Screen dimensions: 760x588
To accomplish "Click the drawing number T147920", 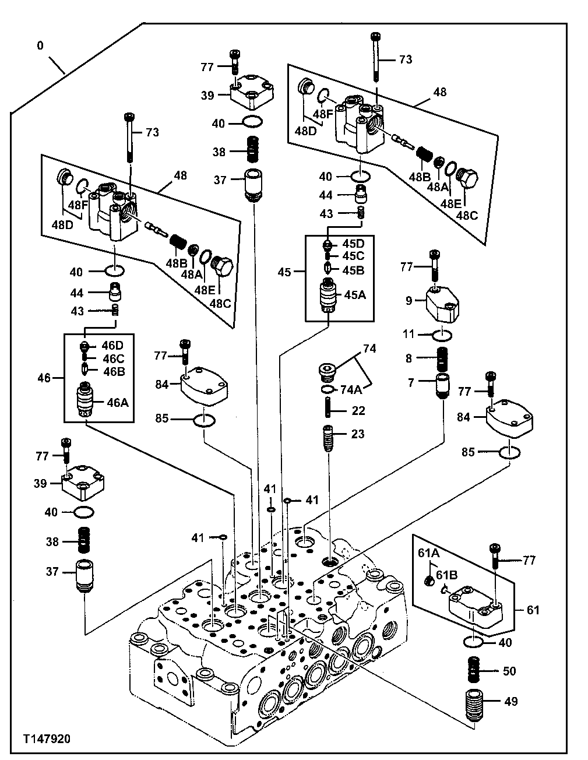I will tap(47, 739).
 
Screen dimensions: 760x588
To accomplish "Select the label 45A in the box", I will tap(354, 295).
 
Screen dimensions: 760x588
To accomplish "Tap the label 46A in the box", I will tap(118, 402).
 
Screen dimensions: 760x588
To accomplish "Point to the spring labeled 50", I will tap(478, 671).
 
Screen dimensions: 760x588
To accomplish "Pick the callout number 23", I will tap(358, 434).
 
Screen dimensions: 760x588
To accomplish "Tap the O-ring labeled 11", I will tap(443, 335).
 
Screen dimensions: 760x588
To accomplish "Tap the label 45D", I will tap(353, 243).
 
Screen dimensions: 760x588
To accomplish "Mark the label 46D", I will tap(113, 346).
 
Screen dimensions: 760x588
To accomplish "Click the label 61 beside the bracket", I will tap(533, 610).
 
